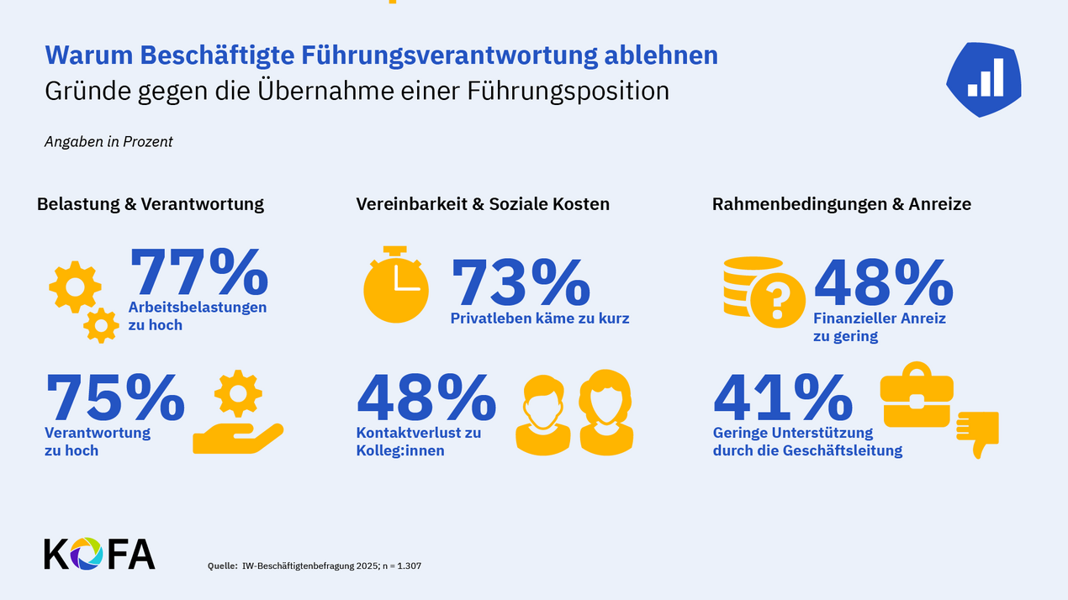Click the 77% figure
point(198,271)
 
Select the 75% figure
point(114,397)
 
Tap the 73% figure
point(521,283)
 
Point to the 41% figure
point(783,397)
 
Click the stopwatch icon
point(395,284)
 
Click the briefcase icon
point(917,394)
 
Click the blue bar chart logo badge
point(984,78)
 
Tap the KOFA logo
point(99,553)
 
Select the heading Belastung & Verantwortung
point(151,204)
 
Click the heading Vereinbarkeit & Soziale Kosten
point(483,204)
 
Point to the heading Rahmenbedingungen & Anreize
point(841,204)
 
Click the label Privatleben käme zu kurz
point(540,318)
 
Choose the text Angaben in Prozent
point(108,142)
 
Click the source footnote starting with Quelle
point(315,566)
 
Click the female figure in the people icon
point(605,410)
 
